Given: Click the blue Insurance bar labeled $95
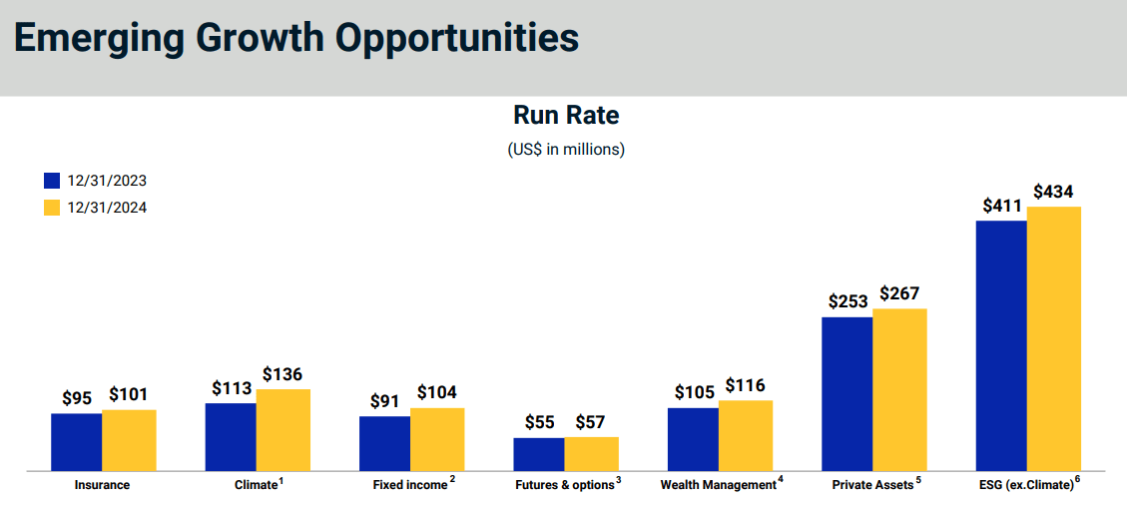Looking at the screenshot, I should pos(76,441).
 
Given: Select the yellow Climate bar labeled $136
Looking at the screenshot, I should pos(283,429).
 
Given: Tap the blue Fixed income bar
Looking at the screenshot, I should pos(384,443).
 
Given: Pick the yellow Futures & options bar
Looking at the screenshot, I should pos(592,453).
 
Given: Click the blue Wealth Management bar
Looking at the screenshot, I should pos(693,439).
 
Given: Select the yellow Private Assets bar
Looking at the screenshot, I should pos(900,389).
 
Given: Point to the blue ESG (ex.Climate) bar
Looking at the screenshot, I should pos(1001,345).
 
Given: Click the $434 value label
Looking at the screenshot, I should pos(1054,191).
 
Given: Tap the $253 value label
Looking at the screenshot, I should pos(848,301).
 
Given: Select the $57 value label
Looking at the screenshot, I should pos(591,422).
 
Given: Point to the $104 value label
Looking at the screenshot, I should pos(437,392).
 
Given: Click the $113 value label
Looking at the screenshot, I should pos(232,388).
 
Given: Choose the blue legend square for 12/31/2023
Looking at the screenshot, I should pos(53,181).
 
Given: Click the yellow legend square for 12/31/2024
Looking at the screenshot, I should pos(53,208).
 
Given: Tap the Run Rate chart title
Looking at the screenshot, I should pos(566,116).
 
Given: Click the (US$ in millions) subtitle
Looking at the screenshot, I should pos(566,150).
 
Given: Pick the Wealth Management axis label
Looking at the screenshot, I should pos(718,485).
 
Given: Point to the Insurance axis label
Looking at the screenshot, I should pos(102,485).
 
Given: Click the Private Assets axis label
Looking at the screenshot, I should pos(872,485).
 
